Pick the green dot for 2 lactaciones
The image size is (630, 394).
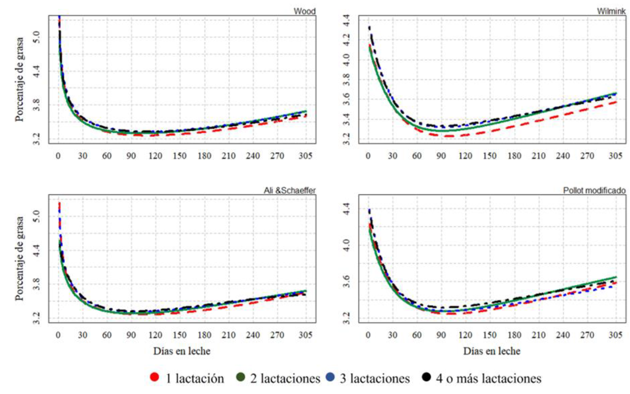241,378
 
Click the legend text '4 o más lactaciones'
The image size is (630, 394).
488,378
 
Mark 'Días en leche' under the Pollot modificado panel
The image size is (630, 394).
491,350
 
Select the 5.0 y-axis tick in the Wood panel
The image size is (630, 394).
36,37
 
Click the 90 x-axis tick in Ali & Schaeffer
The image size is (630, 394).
131,334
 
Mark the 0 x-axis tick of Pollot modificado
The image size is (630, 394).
368,334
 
